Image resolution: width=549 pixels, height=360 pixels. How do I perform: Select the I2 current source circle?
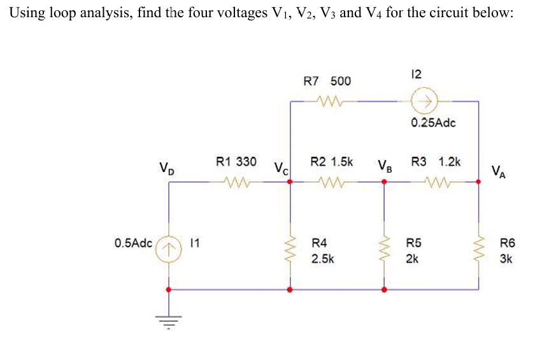click(424, 101)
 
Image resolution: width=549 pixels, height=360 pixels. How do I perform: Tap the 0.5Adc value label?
click(134, 243)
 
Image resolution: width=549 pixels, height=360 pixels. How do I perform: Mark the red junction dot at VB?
click(383, 182)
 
